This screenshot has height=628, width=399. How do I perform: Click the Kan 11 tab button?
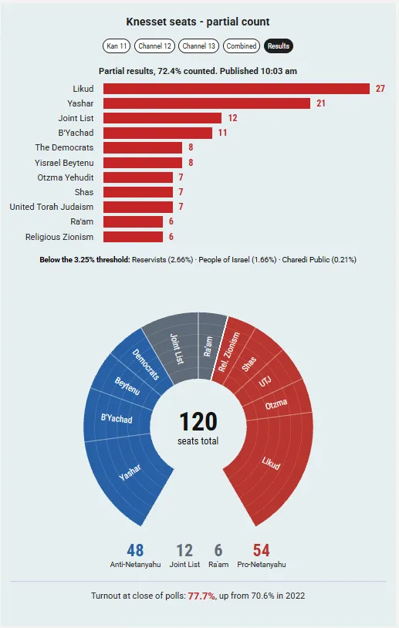117,46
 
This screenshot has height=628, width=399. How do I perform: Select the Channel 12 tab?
154,46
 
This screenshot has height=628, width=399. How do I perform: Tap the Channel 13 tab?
198,46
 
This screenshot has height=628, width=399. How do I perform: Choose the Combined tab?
241,46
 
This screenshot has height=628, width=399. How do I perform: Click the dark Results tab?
279,46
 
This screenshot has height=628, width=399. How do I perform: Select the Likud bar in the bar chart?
236,89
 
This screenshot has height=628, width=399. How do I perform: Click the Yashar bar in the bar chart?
207,103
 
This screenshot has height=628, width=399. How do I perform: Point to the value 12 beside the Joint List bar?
233,118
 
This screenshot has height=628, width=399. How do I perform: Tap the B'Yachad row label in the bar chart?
76,133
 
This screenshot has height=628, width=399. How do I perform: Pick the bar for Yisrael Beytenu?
143,163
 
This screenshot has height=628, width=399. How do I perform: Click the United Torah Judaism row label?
51,207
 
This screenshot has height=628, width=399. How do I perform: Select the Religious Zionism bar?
133,237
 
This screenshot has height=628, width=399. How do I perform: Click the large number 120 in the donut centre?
198,421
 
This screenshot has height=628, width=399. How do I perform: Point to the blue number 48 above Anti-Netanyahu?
135,550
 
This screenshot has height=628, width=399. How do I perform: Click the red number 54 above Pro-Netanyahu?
261,550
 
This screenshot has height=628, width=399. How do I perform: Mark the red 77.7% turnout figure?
201,596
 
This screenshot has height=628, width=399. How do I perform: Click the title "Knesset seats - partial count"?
198,22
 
